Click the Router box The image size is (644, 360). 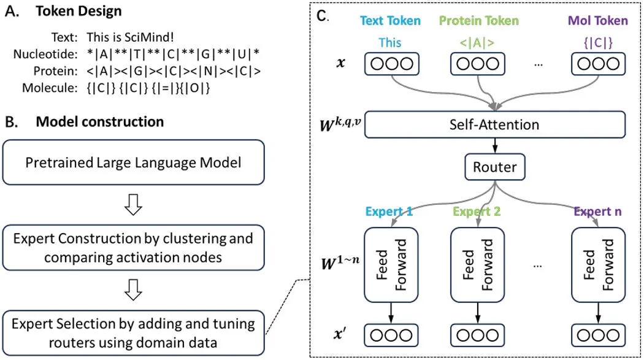[x=494, y=167]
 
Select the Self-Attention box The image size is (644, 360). [x=494, y=124]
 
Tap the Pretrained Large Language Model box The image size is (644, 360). [x=134, y=163]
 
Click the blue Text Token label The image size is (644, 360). [x=390, y=20]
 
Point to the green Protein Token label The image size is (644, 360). [x=479, y=20]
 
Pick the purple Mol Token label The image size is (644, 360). [x=597, y=20]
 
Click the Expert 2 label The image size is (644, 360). [x=477, y=212]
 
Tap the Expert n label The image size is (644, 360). [x=597, y=212]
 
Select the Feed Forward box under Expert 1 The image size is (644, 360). [x=391, y=265]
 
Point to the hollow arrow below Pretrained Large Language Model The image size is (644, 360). [x=133, y=205]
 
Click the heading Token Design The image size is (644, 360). [x=79, y=11]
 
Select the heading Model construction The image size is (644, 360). [x=100, y=121]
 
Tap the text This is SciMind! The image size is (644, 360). [x=130, y=37]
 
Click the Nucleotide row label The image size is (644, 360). [x=45, y=54]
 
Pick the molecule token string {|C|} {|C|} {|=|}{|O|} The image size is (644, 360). [x=148, y=88]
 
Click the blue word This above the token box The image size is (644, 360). [x=389, y=43]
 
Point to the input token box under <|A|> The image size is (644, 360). [x=478, y=64]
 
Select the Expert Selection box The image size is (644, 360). [x=134, y=333]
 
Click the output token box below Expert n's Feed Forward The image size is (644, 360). [x=598, y=335]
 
